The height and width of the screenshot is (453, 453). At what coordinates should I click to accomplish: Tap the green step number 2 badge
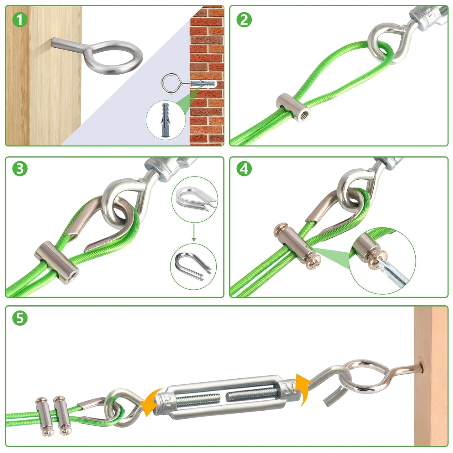tap(244, 20)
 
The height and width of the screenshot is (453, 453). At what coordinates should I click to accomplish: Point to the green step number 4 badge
tap(244, 169)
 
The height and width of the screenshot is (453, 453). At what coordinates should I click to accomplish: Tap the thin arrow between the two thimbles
tap(194, 232)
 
